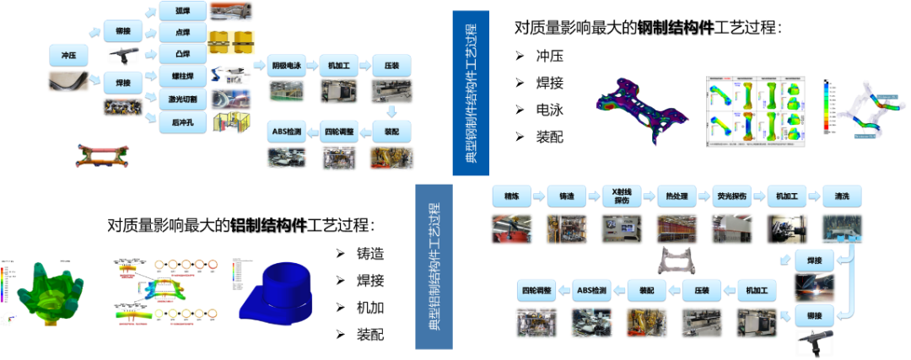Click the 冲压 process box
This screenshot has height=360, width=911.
68,56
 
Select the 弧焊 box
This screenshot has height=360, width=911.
182,11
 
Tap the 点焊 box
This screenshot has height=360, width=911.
182,33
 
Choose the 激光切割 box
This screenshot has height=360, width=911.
182,99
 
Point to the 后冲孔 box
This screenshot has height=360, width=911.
182,122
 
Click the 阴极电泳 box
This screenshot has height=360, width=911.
288,65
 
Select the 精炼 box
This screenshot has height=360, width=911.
511,196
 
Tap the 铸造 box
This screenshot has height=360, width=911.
565,196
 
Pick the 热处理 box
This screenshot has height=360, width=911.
672,196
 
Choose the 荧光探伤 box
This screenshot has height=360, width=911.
730,196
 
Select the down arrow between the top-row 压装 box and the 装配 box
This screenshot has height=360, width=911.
391,111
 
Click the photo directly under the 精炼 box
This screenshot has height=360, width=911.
511,229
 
